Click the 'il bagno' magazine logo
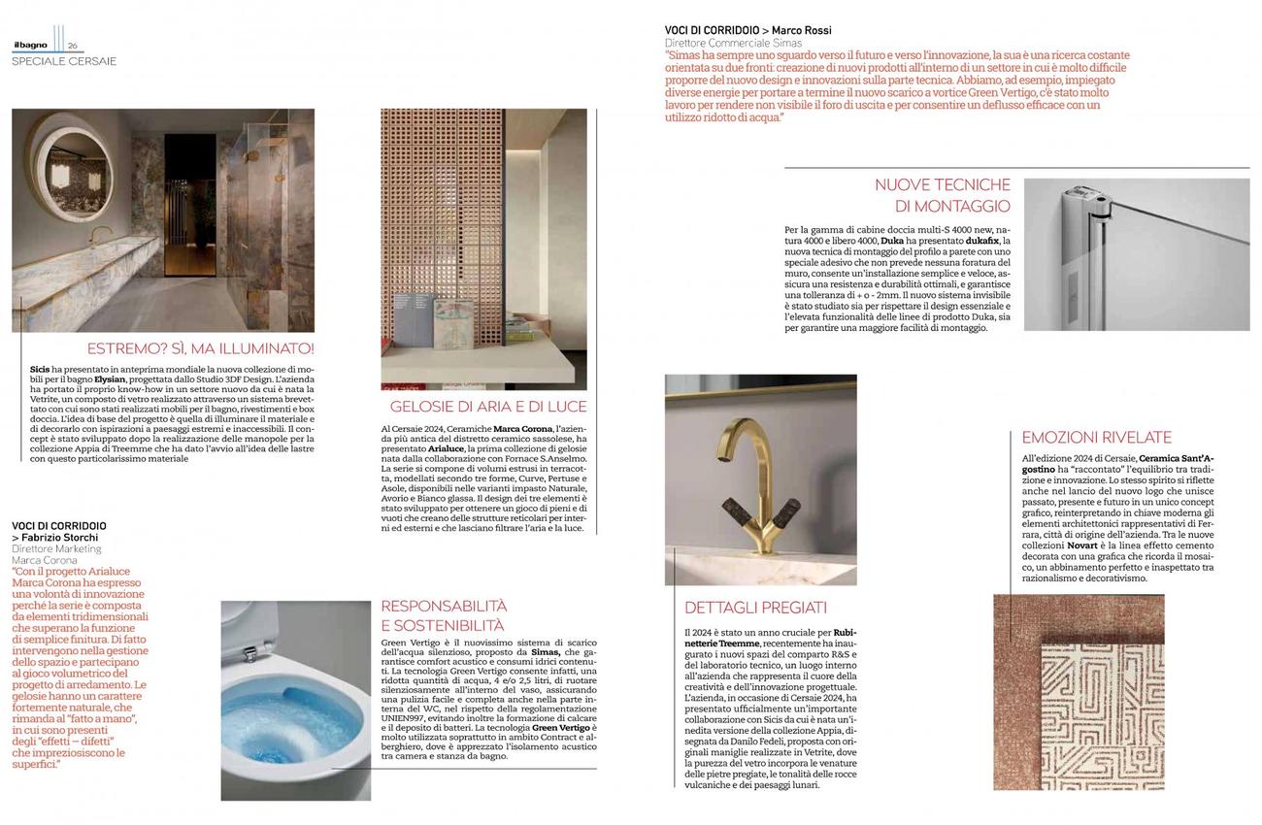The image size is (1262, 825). pos(30,45)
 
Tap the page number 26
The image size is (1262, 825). pos(73,46)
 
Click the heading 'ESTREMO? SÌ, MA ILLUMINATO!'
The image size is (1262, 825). pos(201,348)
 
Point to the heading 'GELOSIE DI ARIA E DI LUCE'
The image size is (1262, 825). pos(488,407)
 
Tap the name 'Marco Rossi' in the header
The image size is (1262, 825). pos(801,31)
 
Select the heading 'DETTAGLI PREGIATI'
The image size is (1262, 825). pos(755,608)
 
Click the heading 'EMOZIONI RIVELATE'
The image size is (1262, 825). pos(1096,438)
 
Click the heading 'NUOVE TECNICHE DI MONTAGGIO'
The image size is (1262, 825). pos(942,195)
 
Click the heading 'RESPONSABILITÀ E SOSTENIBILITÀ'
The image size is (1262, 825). pos(444,615)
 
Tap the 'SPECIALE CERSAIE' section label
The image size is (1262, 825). pos(64,61)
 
